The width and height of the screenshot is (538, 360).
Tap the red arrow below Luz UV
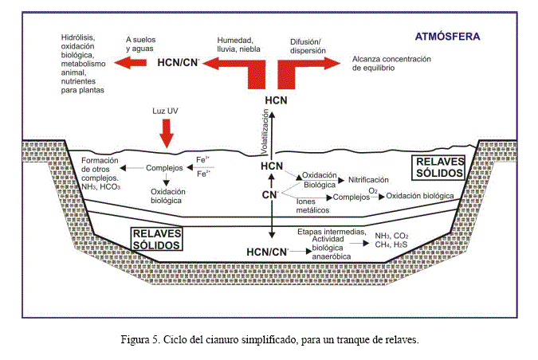[167, 131]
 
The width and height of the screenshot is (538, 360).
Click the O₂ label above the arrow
[372, 190]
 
